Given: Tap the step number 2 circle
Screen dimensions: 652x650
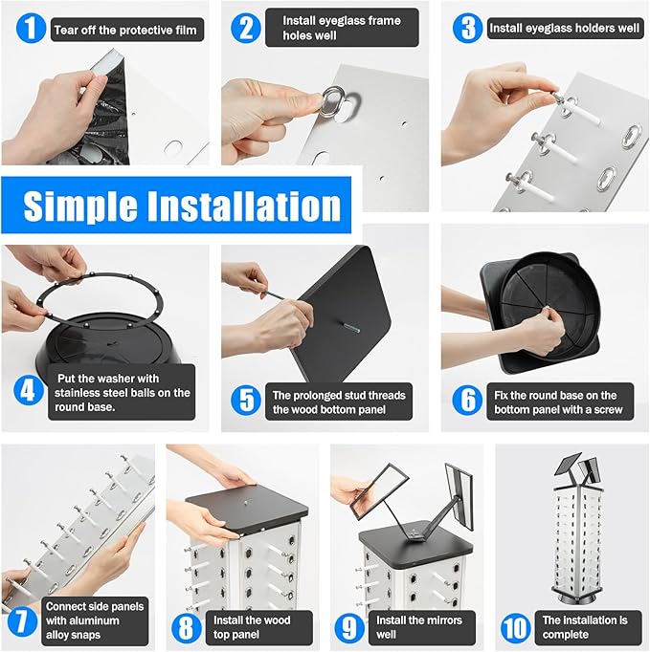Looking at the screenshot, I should point(246,28).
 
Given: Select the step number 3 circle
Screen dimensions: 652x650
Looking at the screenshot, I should point(467,28).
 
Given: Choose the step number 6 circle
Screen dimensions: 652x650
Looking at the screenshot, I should point(467,399).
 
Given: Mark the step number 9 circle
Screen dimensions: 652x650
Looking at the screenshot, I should point(349,626).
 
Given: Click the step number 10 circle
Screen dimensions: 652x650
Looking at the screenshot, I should point(515,626).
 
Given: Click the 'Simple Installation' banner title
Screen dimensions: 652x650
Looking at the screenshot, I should point(182,206).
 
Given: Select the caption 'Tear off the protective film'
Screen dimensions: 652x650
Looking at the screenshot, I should point(124,30).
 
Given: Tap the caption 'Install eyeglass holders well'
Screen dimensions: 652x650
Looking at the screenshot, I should point(565,29).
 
